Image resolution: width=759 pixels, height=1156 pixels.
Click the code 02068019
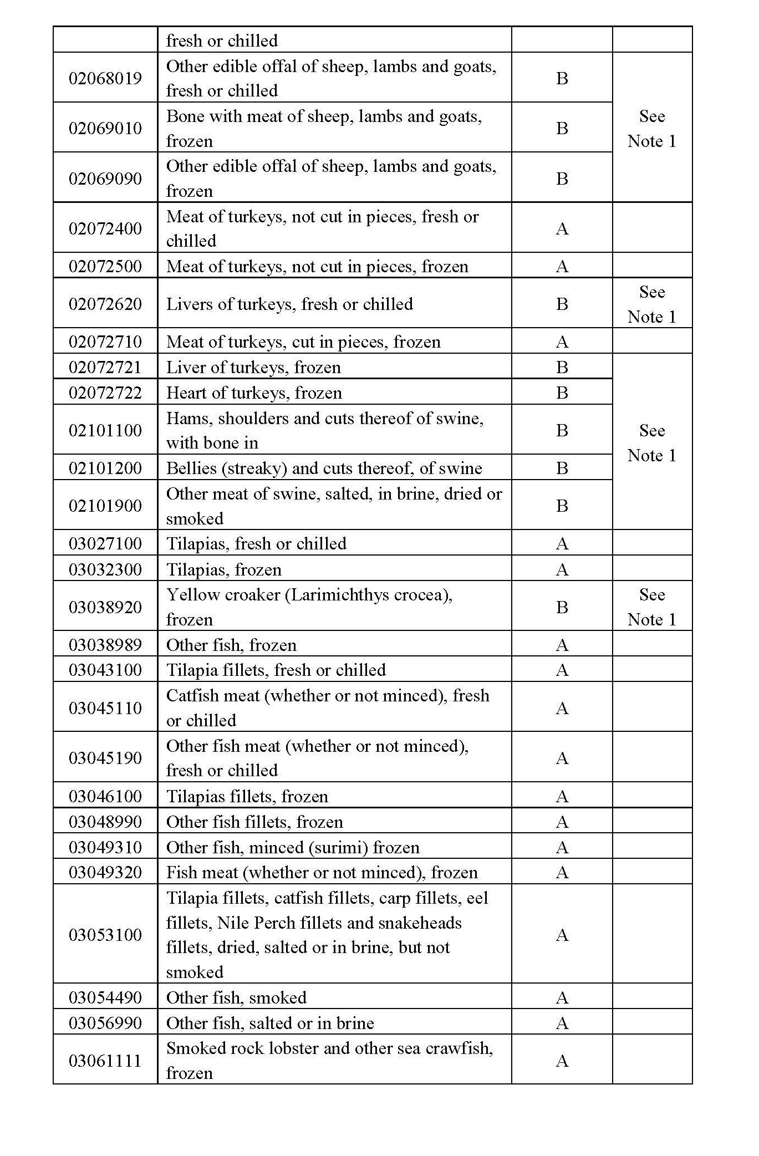pos(105,78)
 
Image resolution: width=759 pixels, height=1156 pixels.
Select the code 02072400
pos(105,228)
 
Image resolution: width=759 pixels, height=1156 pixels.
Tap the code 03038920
pos(105,607)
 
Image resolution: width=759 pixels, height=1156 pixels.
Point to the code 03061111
pos(105,1061)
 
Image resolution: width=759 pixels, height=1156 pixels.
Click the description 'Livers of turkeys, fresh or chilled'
pos(289,304)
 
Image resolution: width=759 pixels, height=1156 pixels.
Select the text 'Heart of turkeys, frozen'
pos(254,393)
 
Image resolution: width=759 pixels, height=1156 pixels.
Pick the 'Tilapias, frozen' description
pos(224,569)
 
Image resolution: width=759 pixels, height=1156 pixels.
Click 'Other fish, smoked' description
pos(236,997)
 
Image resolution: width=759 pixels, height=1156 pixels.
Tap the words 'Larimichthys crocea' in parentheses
pos(366,594)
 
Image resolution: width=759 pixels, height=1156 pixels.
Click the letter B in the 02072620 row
pos(562,304)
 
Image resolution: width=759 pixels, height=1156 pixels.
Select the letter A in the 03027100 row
pos(562,543)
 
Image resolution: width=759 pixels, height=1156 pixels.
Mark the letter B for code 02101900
pos(562,506)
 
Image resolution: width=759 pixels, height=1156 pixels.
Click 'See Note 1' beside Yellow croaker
pos(651,607)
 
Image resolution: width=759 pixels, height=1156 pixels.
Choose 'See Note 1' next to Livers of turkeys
pos(651,304)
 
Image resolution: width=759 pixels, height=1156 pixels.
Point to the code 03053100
pos(105,935)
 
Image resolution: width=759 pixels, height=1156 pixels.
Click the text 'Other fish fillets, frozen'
pos(254,822)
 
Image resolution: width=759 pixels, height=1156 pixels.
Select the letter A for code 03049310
pos(562,847)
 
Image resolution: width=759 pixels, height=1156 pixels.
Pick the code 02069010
pos(105,128)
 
